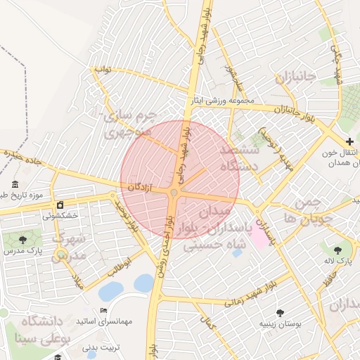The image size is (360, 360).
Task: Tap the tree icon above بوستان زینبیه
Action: click(x=281, y=313)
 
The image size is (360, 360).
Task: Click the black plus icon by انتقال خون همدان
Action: click(x=349, y=142)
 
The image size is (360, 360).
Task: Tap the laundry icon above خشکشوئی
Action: click(x=60, y=205)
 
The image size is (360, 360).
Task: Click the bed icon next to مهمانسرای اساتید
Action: click(x=104, y=310)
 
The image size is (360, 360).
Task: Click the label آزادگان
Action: click(x=141, y=186)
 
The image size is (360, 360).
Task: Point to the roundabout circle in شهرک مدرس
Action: click(x=62, y=255)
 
